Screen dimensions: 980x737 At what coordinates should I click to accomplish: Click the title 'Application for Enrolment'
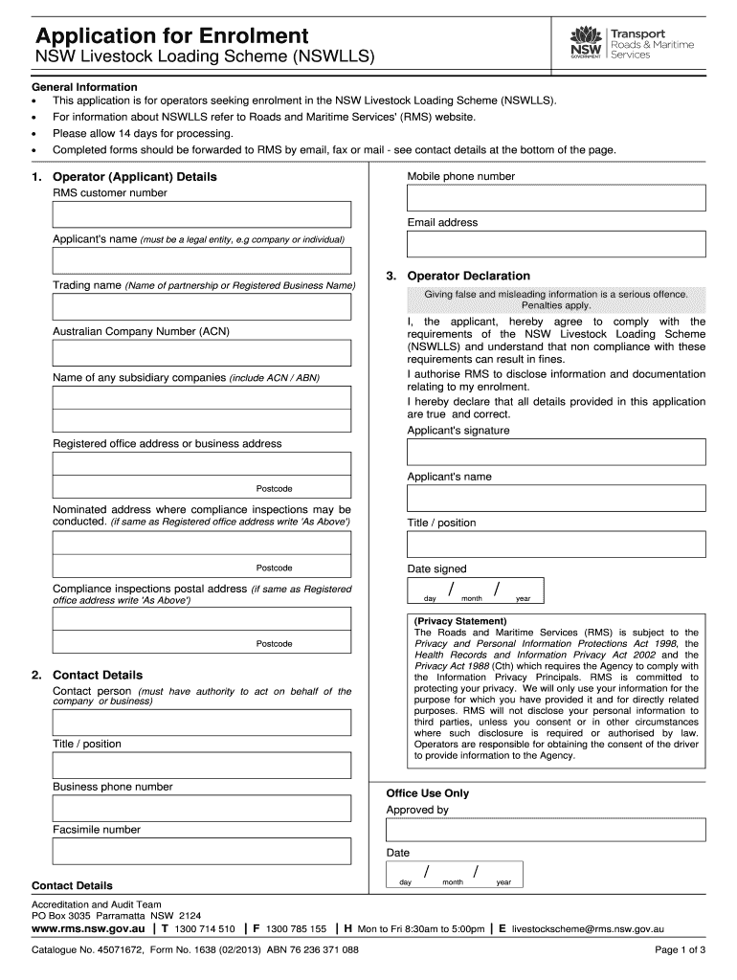171,36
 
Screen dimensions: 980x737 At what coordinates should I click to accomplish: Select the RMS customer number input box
201,214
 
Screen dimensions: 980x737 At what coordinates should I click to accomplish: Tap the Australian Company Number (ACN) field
201,353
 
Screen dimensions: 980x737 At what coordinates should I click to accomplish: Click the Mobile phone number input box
556,198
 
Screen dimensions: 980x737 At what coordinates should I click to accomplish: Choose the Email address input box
556,244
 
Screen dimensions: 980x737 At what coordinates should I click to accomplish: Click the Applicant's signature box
556,452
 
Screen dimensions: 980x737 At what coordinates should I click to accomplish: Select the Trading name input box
201,306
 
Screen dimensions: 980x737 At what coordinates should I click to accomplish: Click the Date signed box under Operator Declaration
474,590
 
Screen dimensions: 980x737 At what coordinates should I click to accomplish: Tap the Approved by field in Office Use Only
546,830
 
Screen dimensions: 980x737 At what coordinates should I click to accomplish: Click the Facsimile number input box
201,851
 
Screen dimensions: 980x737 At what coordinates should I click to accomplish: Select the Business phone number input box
201,808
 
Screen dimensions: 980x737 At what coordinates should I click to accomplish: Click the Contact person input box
201,723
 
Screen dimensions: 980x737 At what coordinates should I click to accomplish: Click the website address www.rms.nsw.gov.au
89,928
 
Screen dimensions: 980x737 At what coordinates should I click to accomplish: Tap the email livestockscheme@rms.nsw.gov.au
588,928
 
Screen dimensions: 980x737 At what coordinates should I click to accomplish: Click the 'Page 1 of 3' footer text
680,950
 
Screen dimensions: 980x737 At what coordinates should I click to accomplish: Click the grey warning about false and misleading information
556,299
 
